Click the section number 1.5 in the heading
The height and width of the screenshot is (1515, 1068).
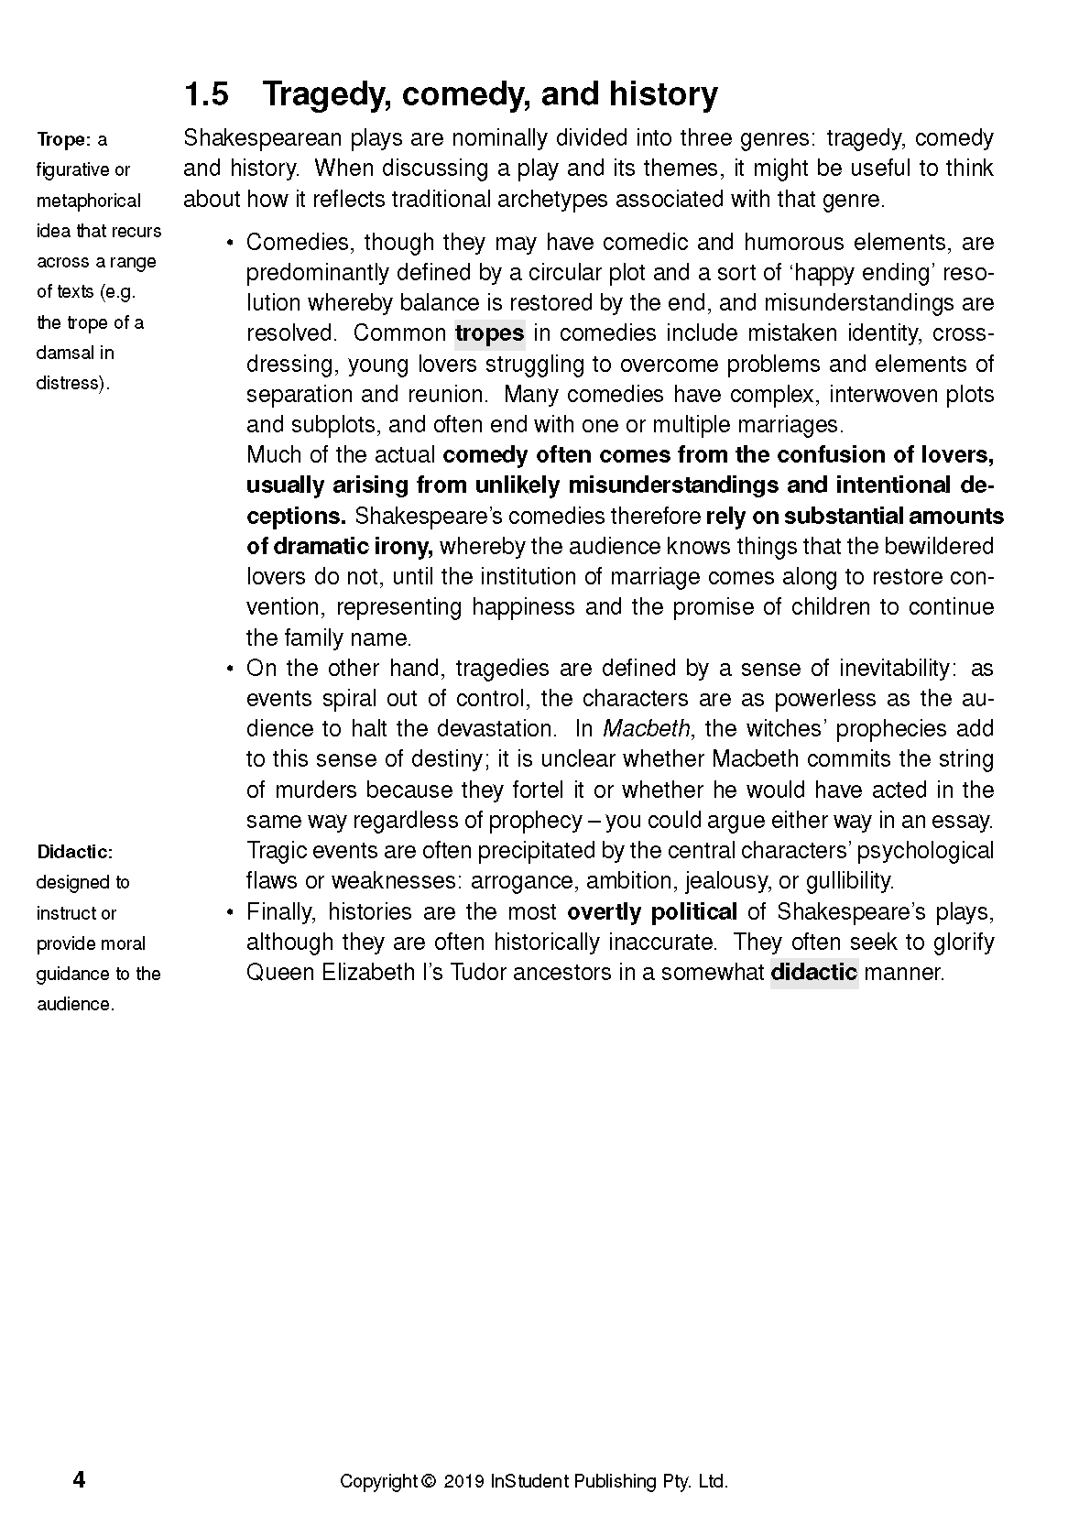[x=206, y=94]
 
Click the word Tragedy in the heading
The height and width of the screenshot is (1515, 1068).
[x=324, y=95]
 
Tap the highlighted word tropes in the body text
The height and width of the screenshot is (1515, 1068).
[x=489, y=333]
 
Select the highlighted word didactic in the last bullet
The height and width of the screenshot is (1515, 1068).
[x=813, y=973]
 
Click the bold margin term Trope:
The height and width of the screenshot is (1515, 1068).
[x=63, y=140]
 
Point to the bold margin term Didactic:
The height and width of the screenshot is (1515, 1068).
[x=74, y=853]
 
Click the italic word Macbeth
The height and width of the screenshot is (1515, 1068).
[x=648, y=729]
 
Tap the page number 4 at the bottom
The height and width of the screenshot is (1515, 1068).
[x=79, y=1480]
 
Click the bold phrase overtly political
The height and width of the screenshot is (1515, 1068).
[x=651, y=912]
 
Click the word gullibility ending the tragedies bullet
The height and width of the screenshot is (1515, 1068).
[x=848, y=881]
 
